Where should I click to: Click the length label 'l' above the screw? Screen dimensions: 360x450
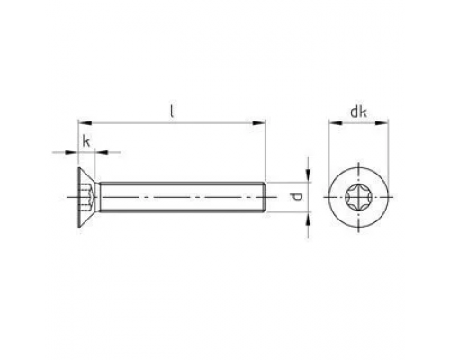coord(171,111)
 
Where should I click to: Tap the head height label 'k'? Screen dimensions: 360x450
coord(86,141)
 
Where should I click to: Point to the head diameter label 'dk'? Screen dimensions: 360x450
coord(358,112)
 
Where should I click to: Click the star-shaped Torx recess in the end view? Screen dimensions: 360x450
coord(357,195)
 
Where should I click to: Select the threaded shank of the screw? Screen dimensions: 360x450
coord(180,194)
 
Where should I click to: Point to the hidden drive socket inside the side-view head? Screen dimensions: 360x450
coord(87,194)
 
